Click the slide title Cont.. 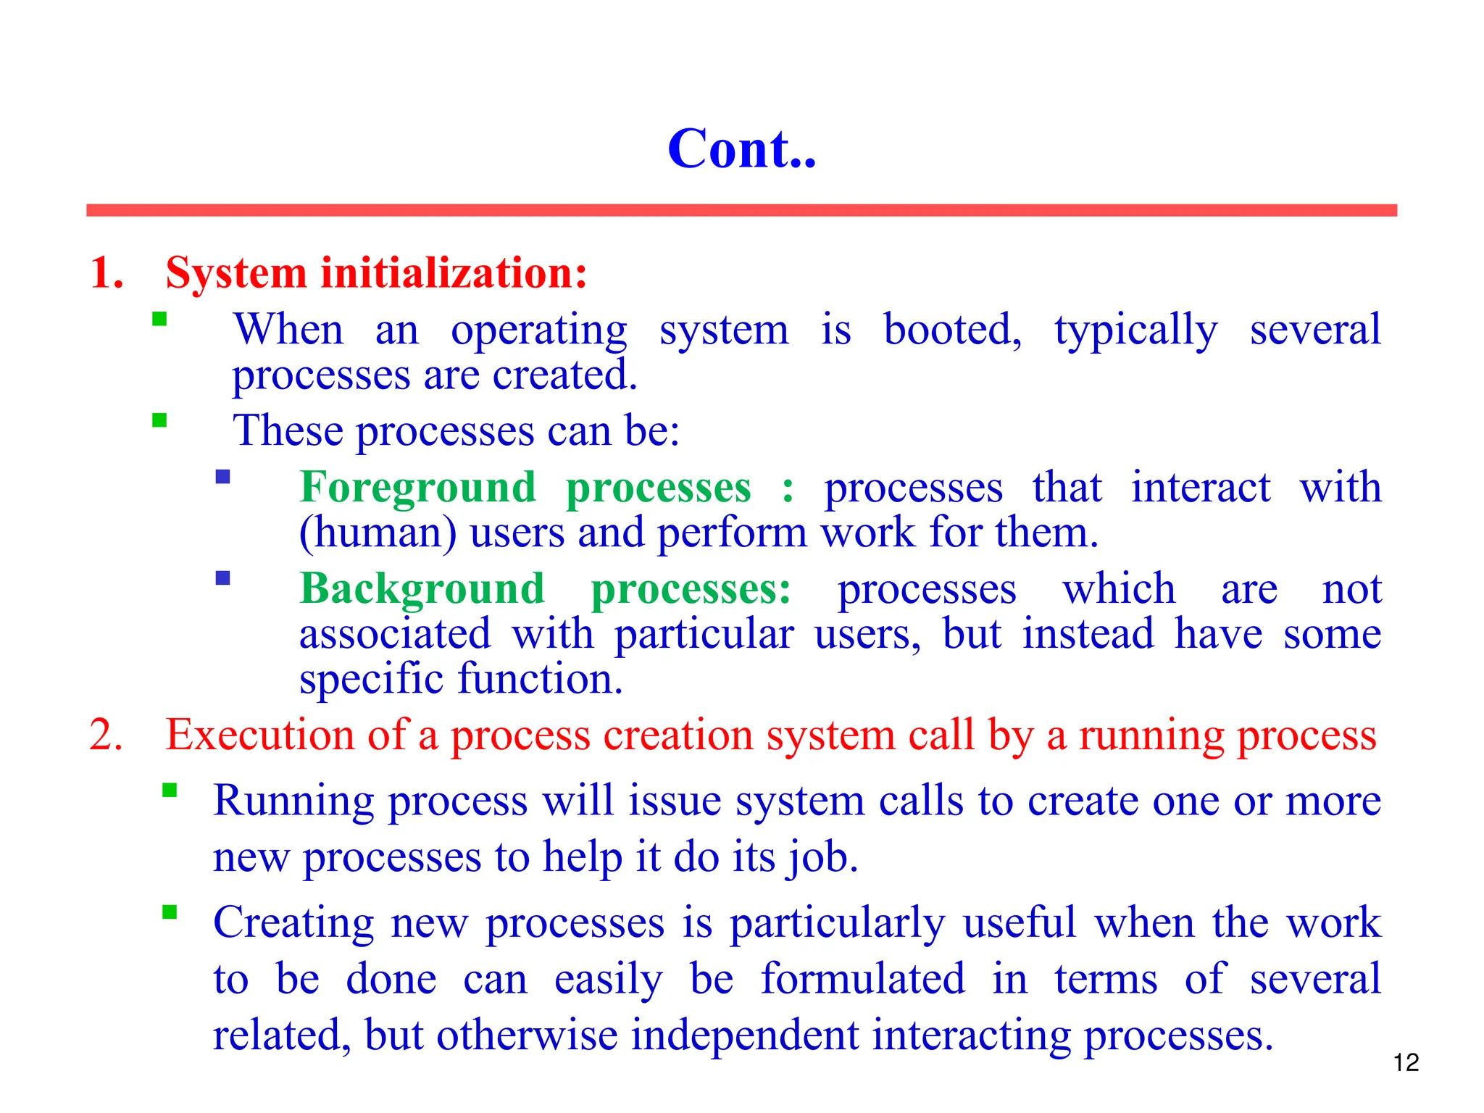(x=741, y=149)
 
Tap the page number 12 (x=1406, y=1062)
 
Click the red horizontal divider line (x=741, y=210)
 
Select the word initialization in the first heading (x=454, y=273)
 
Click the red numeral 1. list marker (x=107, y=273)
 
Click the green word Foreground (x=418, y=487)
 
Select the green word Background (x=422, y=588)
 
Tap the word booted (x=952, y=330)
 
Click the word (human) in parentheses (x=378, y=533)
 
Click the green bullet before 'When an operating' (x=159, y=319)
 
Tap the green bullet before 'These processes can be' (x=159, y=420)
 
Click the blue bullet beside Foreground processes (x=222, y=477)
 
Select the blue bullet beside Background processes (x=222, y=578)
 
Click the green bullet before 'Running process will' (x=170, y=790)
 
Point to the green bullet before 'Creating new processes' (x=170, y=912)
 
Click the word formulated (x=862, y=978)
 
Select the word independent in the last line (x=745, y=1035)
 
